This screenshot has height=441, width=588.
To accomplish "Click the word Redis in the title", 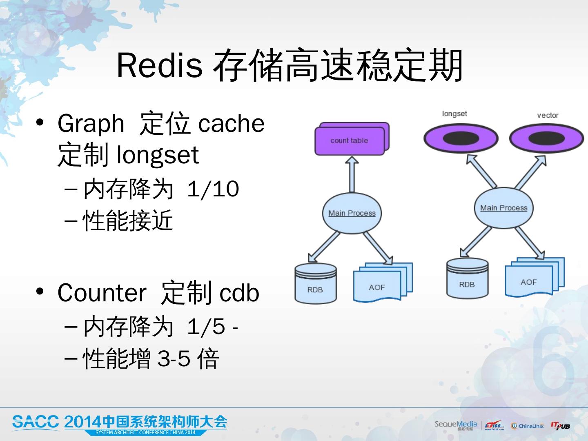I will click(159, 65).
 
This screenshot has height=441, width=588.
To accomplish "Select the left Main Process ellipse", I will click(352, 213).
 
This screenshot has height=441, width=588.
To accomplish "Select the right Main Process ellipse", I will click(503, 208).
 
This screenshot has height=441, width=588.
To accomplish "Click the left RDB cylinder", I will click(315, 284).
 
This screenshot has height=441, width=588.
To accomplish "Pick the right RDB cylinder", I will click(467, 278).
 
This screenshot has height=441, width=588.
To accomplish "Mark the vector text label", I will click(548, 115).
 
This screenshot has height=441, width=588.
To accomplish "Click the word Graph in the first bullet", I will click(91, 123).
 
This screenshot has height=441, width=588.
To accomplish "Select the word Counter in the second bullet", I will click(102, 292).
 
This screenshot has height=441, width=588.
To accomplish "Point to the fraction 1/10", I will click(213, 189).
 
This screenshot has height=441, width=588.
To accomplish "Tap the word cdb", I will click(239, 292).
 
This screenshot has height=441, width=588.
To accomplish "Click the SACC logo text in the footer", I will click(36, 421).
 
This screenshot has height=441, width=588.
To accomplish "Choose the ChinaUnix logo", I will click(527, 426).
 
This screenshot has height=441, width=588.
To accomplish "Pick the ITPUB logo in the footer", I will click(560, 426).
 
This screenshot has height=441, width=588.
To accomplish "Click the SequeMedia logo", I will click(456, 425).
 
